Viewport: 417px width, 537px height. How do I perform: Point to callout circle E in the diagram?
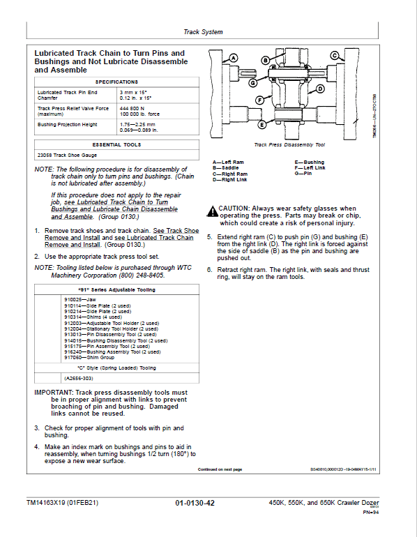261,125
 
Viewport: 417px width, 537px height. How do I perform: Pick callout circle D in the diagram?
319,89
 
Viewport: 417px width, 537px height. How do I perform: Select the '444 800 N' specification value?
134,109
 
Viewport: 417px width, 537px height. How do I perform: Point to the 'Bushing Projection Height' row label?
67,125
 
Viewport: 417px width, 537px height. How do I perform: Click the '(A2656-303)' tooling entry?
78,377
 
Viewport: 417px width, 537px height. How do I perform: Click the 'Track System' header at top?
203,32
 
